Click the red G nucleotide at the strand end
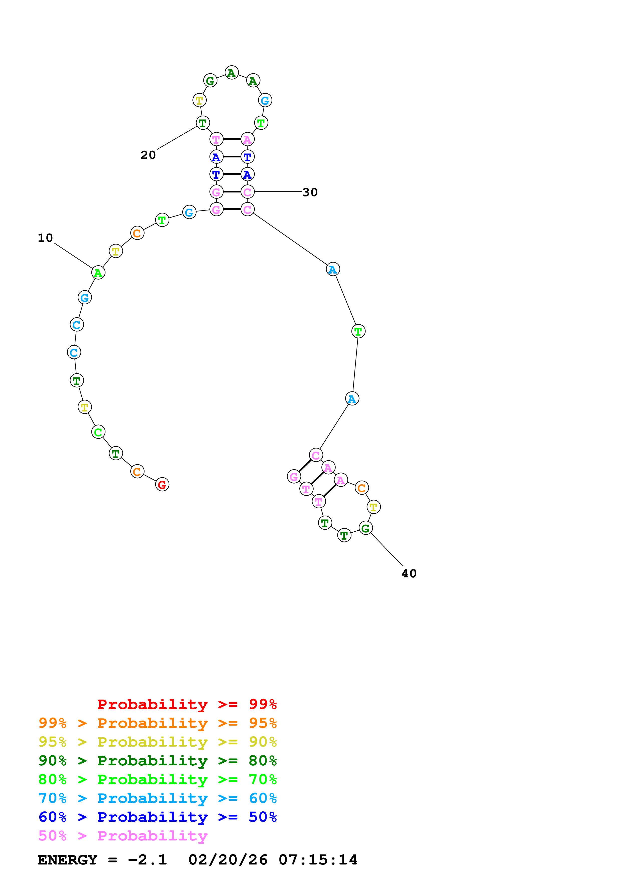162,485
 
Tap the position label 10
45,238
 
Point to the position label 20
148,155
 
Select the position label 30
310,192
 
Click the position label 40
409,574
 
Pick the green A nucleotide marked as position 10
98,273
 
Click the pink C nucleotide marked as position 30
247,192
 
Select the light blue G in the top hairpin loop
265,101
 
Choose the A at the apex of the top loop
231,73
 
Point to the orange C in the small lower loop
361,488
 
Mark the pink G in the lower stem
294,477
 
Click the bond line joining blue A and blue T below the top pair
232,157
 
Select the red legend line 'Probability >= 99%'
187,704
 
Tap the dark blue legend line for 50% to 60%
158,817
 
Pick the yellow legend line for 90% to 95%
158,742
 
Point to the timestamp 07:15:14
318,860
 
